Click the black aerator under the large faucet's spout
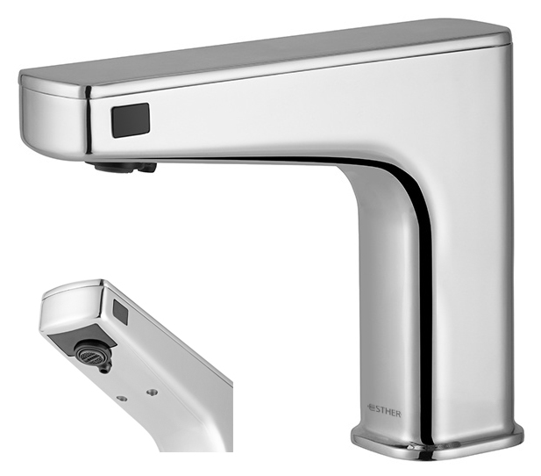124,167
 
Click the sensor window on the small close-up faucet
121,311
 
